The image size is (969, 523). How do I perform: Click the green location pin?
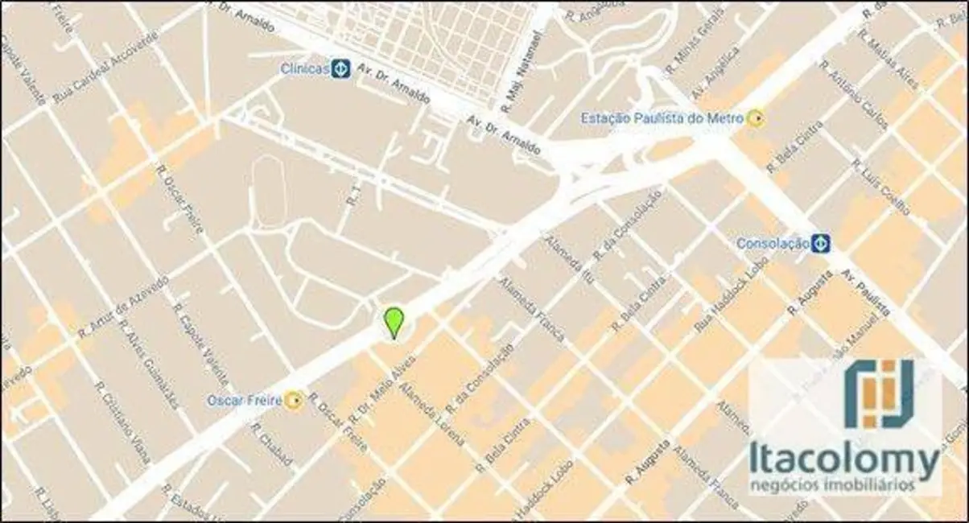coord(393,323)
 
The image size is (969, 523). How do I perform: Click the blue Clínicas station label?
coord(305,69)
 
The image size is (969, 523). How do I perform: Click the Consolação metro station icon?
coord(820,242)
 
